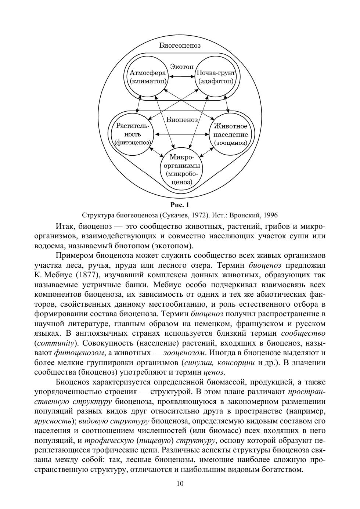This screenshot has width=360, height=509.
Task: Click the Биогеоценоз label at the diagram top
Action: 180,46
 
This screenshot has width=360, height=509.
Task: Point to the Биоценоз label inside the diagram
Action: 182,120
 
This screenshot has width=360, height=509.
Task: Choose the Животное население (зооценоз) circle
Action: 231,134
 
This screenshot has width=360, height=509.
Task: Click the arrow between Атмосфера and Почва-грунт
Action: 181,76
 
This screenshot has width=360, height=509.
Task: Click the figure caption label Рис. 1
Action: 180,205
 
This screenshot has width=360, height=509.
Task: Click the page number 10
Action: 180,483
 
